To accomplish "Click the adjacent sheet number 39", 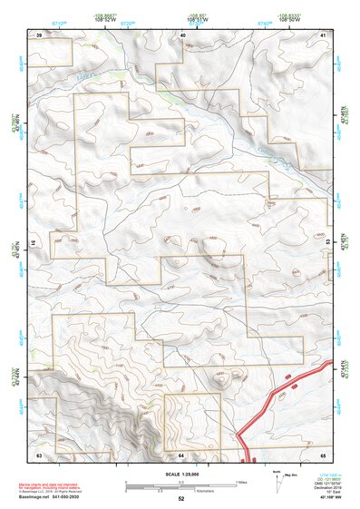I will [x=39, y=34].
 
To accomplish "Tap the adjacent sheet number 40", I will [x=182, y=34].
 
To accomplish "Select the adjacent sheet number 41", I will [x=323, y=34].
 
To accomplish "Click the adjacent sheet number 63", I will [x=39, y=454].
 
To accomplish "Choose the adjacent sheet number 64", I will [x=181, y=454].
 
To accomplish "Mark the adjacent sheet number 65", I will [x=323, y=454].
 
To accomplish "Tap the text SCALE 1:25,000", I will [x=180, y=474].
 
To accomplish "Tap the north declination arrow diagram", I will [x=276, y=477].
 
